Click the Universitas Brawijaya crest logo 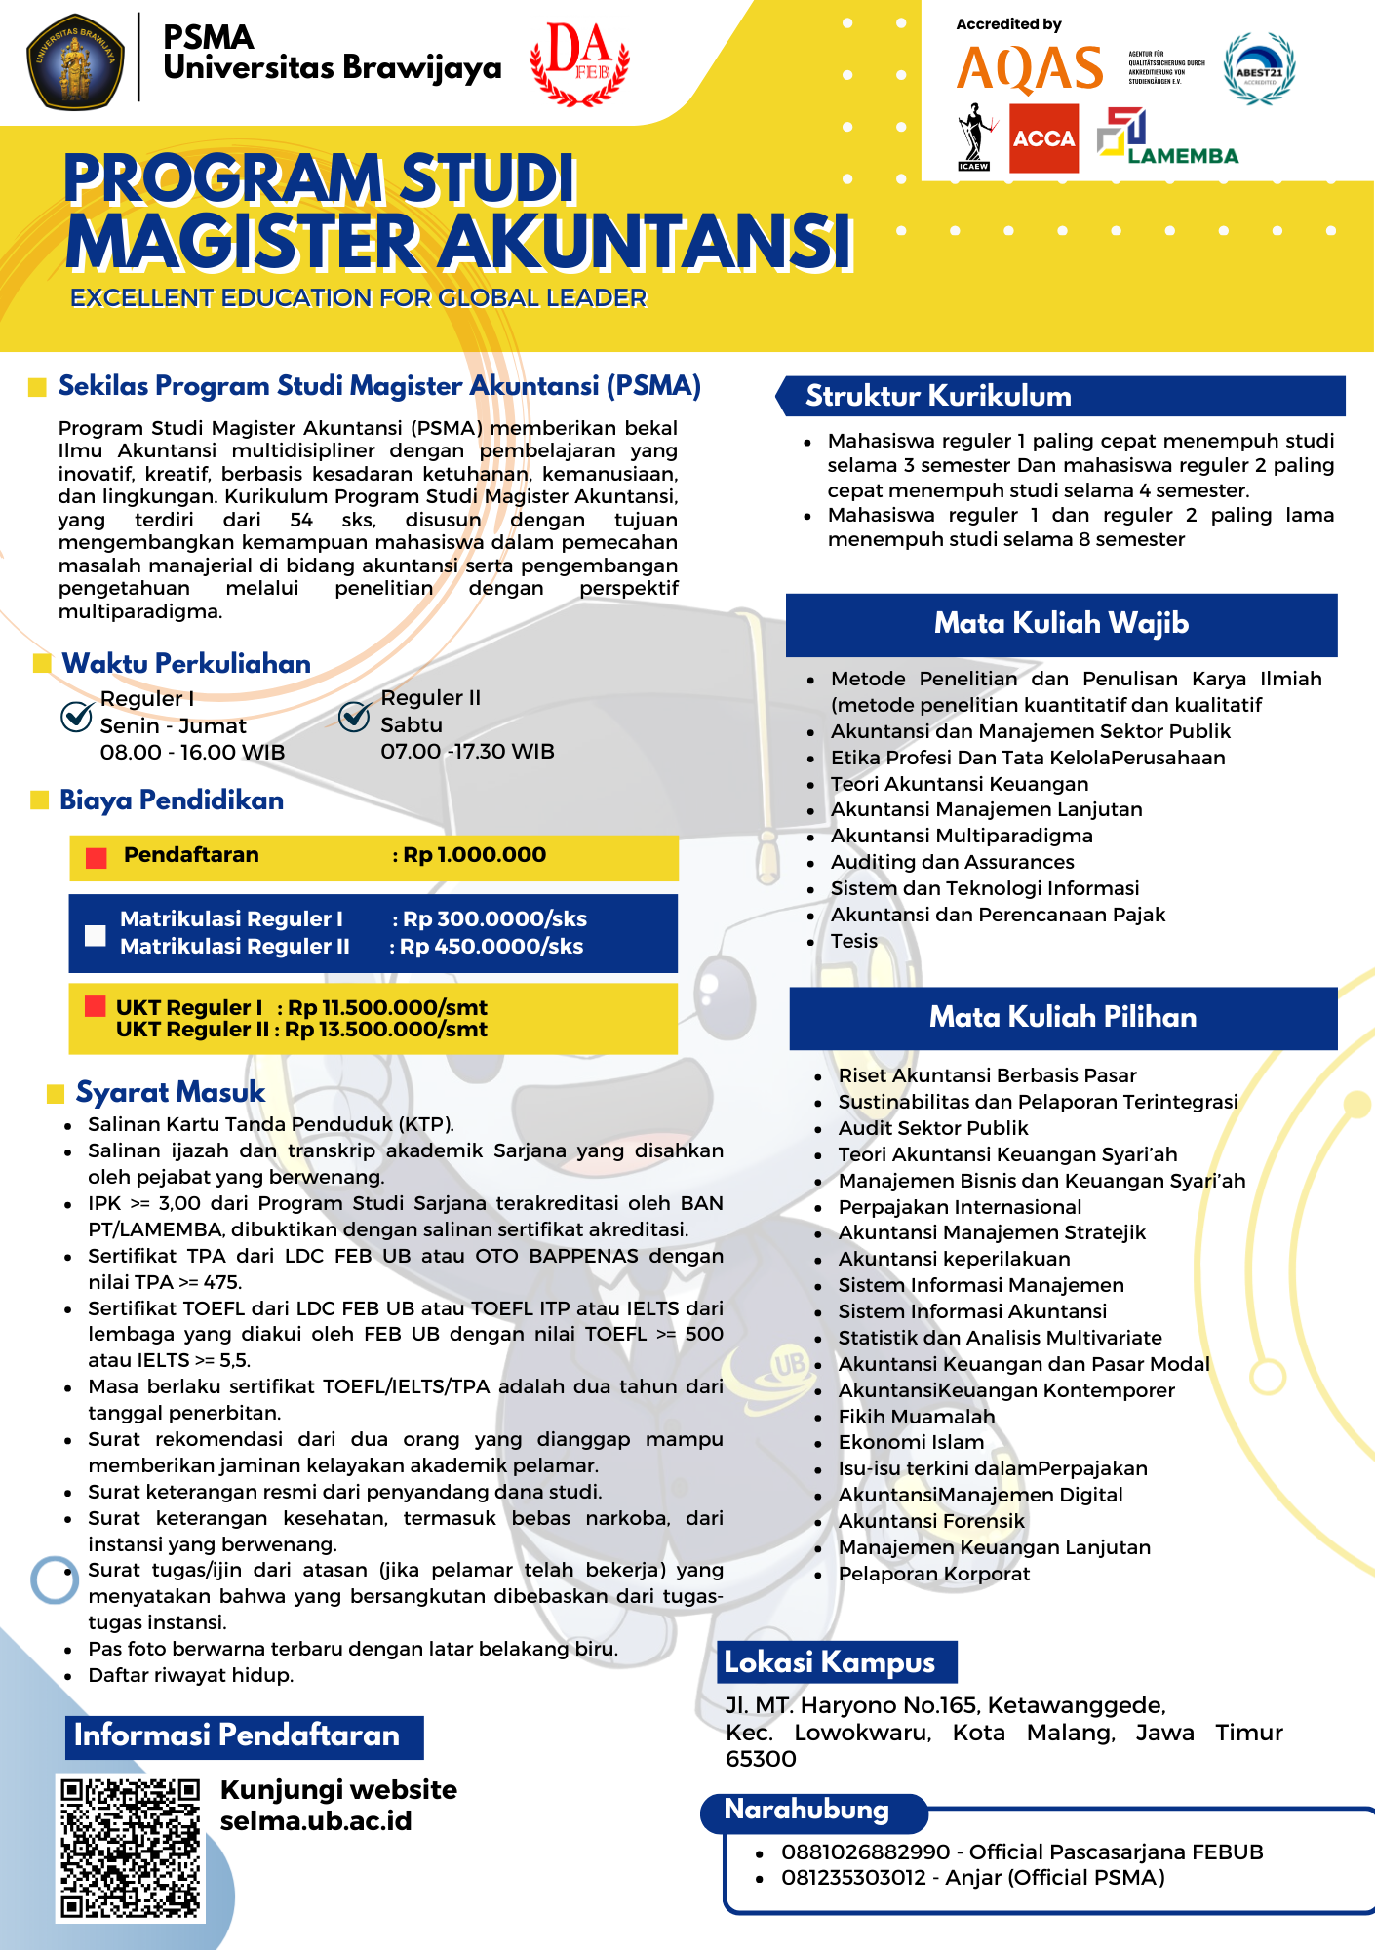click(75, 60)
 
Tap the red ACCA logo click(1043, 138)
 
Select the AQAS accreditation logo click(1030, 68)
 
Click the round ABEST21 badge click(1259, 69)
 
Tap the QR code click(130, 1848)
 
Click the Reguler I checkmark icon click(76, 717)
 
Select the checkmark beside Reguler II click(354, 717)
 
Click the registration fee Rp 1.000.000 click(474, 855)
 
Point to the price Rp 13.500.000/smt click(386, 1030)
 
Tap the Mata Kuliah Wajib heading click(1061, 624)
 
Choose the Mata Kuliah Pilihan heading click(1062, 1018)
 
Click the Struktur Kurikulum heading click(938, 396)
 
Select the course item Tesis click(853, 941)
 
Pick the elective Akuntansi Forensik click(931, 1521)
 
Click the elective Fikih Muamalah click(917, 1417)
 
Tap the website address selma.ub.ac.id click(316, 1821)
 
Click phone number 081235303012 click(853, 1878)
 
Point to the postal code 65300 click(761, 1759)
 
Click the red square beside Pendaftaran click(96, 857)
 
